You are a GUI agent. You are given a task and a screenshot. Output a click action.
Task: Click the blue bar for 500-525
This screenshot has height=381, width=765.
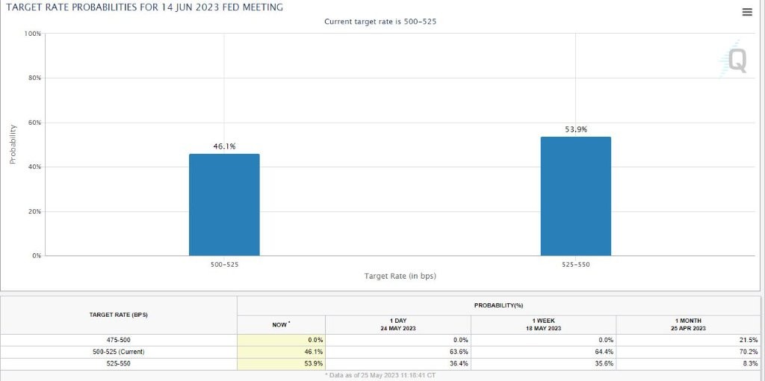point(224,205)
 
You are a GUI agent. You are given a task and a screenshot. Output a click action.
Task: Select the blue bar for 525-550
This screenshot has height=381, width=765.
point(575,196)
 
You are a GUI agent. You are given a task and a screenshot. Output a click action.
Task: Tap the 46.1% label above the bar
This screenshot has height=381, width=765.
point(224,146)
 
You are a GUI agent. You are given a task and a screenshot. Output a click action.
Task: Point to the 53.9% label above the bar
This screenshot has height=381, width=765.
point(575,129)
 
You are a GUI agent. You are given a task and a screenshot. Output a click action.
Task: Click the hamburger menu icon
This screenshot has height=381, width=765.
point(747,12)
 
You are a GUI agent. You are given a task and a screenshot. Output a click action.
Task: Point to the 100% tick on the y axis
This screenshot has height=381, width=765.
point(32,34)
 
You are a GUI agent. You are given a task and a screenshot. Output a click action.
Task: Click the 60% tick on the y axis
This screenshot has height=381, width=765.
point(34,123)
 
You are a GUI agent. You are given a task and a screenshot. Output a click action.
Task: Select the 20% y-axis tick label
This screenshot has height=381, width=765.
point(34,211)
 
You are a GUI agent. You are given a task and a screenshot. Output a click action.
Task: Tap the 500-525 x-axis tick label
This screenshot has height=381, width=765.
point(224,264)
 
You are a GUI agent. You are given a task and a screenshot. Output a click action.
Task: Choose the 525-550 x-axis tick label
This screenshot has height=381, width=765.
point(575,264)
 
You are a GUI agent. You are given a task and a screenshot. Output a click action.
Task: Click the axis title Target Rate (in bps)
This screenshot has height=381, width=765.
point(400,276)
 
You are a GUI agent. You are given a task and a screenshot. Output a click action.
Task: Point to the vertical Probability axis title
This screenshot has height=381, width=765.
point(13,144)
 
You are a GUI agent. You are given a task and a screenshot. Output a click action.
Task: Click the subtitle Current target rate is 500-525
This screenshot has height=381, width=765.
point(380,22)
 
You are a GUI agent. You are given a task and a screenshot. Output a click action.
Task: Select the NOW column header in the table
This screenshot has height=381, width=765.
point(280,324)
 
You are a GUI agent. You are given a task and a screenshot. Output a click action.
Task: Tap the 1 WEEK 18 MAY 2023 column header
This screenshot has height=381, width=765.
point(543,324)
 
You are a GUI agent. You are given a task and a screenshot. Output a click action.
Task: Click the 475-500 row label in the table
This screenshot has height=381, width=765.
point(118,340)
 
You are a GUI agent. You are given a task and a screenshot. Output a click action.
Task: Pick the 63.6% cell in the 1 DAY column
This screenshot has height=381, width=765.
point(459,352)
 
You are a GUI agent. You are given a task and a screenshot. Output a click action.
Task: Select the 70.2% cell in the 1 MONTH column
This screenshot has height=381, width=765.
point(748,352)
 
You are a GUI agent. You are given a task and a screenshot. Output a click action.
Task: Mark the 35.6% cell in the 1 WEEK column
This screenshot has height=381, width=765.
point(604,364)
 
